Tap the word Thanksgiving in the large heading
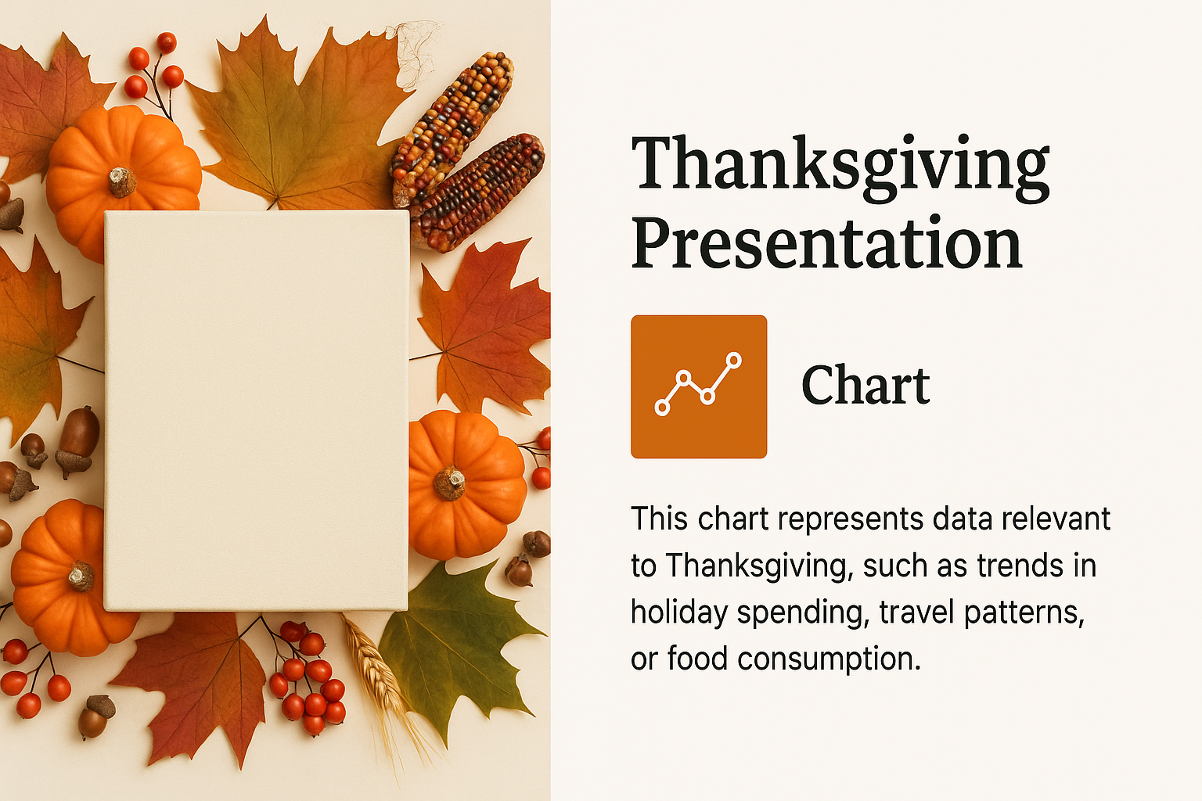pos(840,167)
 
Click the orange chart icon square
pos(699,386)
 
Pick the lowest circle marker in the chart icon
pos(663,408)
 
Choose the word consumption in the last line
pos(829,659)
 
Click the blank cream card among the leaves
pos(257,411)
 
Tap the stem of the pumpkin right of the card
pos(450,482)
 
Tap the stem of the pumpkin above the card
pos(122,181)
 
